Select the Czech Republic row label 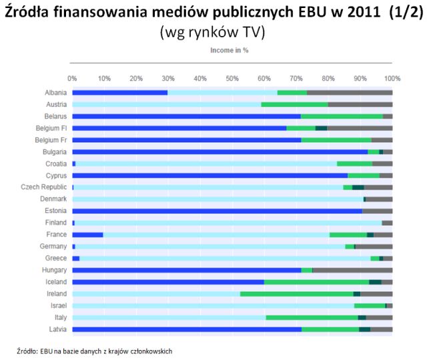click(x=44, y=187)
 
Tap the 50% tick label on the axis click(x=232, y=78)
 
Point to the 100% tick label click(x=392, y=78)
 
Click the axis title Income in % click(x=230, y=50)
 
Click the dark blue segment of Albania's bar click(x=119, y=92)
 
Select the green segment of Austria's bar click(x=294, y=104)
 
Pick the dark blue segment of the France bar click(x=87, y=234)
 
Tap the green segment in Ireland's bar click(x=296, y=293)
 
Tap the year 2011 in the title click(x=361, y=13)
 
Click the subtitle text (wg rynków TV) click(x=213, y=33)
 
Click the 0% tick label click(x=72, y=78)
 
